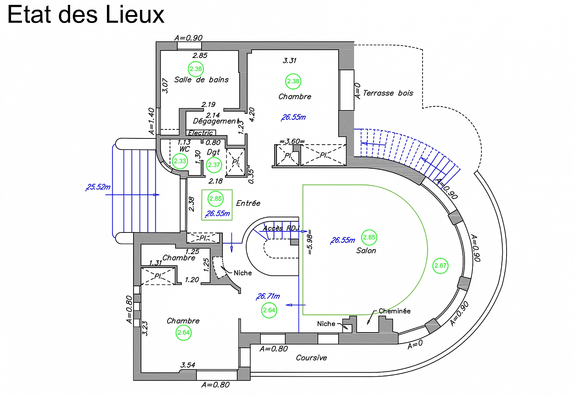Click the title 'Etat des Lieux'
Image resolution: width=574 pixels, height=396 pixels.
coord(86,15)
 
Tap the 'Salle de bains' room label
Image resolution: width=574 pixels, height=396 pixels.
coord(201,80)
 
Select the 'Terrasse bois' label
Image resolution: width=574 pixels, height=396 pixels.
coord(388,93)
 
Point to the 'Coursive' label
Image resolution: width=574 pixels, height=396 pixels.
coord(311,358)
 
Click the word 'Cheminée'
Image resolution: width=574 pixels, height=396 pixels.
coord(395,311)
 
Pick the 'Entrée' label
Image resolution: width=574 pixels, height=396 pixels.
coord(248,203)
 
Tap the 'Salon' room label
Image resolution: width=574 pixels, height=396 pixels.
coord(366,251)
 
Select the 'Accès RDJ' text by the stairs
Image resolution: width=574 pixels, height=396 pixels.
coord(281,228)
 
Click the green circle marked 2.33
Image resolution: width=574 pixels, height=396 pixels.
coord(180,161)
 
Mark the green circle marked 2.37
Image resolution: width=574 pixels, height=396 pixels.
coord(214,165)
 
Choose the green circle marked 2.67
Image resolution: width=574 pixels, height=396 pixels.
coord(440,266)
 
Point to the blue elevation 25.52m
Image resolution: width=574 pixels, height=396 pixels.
coord(98,187)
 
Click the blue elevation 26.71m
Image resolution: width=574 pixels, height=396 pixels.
coord(268,296)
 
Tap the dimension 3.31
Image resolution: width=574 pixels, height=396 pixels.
coord(290,61)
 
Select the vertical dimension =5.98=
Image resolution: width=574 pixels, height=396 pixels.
coord(310,242)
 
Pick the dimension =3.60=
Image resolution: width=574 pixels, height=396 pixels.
coord(292,141)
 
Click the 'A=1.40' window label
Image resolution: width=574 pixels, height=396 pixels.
coord(151,121)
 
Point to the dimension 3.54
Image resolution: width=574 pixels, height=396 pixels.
coord(188,365)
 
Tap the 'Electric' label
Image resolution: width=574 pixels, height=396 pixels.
coord(201,133)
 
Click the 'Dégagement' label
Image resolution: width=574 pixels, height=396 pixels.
coord(216,121)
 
